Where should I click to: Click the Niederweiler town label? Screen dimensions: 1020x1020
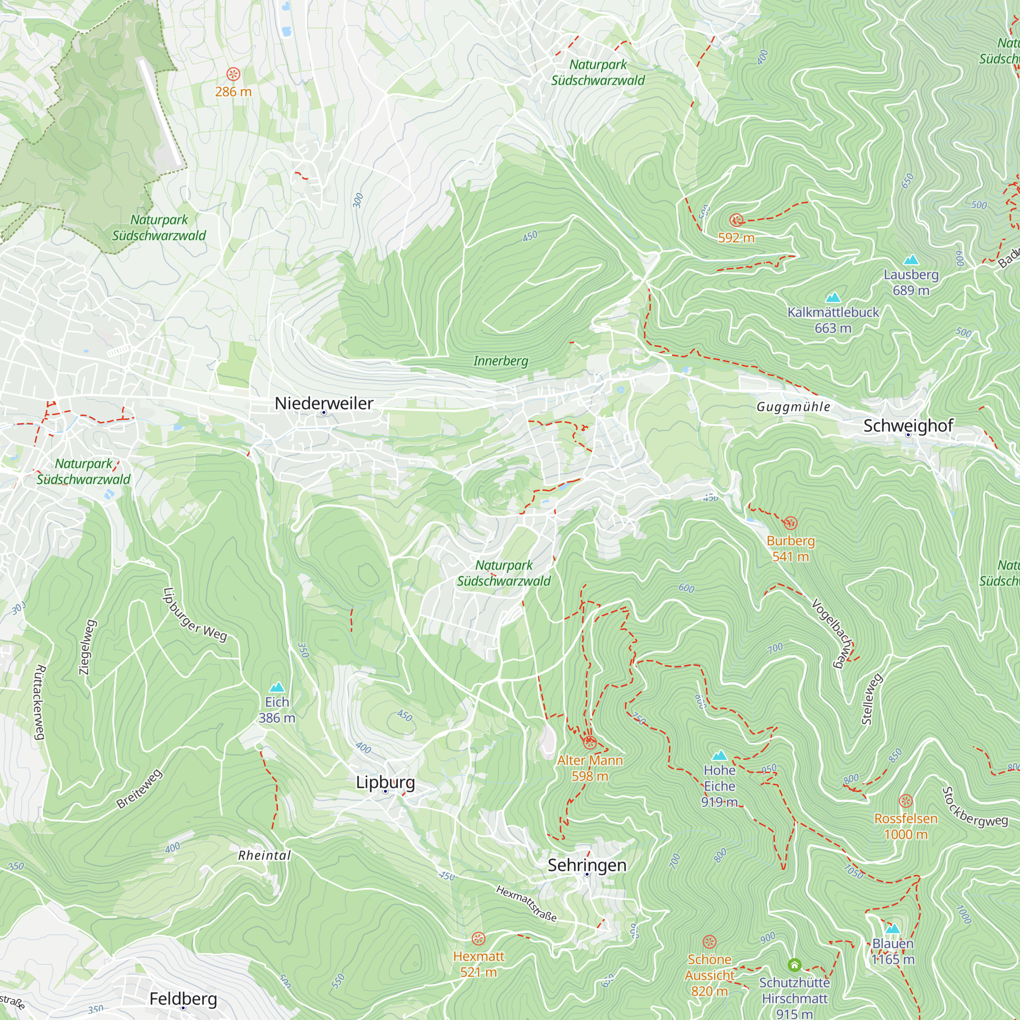coord(324,403)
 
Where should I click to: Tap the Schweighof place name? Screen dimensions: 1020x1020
coord(908,425)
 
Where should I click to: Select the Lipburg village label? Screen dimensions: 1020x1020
coord(385,782)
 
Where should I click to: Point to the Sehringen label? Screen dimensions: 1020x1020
coord(586,865)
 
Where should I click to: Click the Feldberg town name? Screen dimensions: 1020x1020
coord(183,999)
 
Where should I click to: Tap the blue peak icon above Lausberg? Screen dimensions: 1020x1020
coord(911,260)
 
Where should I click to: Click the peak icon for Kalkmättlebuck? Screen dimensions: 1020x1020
coord(833,297)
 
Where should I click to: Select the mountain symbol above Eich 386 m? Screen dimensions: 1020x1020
coord(276,687)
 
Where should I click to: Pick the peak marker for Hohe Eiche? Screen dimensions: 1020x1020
coord(719,755)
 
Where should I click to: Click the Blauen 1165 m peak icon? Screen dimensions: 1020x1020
coord(892,929)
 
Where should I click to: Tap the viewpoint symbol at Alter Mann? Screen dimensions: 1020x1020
coord(590,742)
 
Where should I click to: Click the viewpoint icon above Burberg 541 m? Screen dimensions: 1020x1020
coord(790,523)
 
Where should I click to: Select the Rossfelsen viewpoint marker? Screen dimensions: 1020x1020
coord(905,801)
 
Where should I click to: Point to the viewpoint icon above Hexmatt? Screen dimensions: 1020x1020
coord(478,938)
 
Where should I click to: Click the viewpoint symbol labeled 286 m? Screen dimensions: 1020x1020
coord(233,74)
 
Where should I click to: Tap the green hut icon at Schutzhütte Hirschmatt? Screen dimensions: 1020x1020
coord(794,965)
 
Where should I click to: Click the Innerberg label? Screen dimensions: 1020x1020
coord(500,361)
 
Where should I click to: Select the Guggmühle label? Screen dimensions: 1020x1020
coord(793,406)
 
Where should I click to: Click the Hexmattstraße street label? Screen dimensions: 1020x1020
coord(526,903)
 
